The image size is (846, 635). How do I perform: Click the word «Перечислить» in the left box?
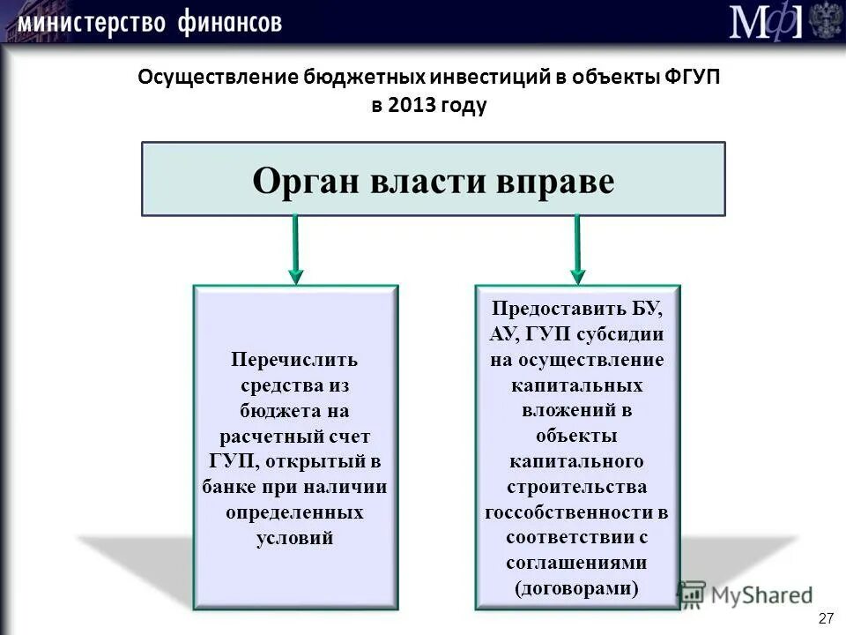295,360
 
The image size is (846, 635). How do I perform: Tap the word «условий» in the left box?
295,538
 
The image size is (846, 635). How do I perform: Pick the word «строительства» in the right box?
577,487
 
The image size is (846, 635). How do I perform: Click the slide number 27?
826,617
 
